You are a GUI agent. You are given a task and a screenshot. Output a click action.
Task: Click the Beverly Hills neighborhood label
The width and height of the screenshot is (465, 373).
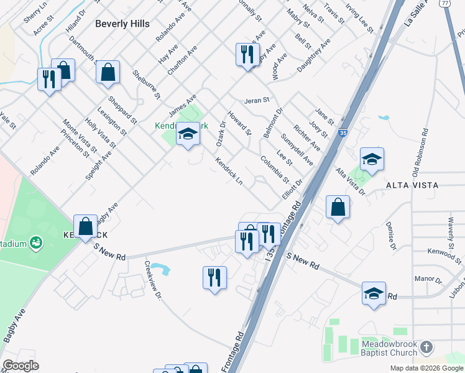[x=122, y=23]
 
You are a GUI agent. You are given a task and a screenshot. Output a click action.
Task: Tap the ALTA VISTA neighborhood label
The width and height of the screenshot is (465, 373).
[x=412, y=185]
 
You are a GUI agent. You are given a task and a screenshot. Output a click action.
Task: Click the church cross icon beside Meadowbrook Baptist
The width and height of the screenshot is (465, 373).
[x=426, y=346]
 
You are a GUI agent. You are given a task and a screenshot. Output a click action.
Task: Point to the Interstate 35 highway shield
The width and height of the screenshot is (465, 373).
[x=343, y=133]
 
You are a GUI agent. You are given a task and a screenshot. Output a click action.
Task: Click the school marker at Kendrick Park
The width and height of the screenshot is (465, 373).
[x=187, y=134]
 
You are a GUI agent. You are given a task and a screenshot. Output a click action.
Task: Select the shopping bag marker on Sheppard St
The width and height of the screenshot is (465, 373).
[x=108, y=71]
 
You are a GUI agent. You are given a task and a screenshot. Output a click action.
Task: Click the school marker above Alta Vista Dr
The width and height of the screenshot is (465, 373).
[x=372, y=160]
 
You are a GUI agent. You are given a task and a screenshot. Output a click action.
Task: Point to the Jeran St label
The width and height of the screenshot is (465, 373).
[x=256, y=99]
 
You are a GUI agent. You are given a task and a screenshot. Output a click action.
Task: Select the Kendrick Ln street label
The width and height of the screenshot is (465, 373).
[x=229, y=170]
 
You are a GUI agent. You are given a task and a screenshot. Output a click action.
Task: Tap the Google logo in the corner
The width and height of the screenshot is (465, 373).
[x=21, y=366]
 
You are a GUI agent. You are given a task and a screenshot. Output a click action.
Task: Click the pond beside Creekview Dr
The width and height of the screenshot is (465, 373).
[x=162, y=269]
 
